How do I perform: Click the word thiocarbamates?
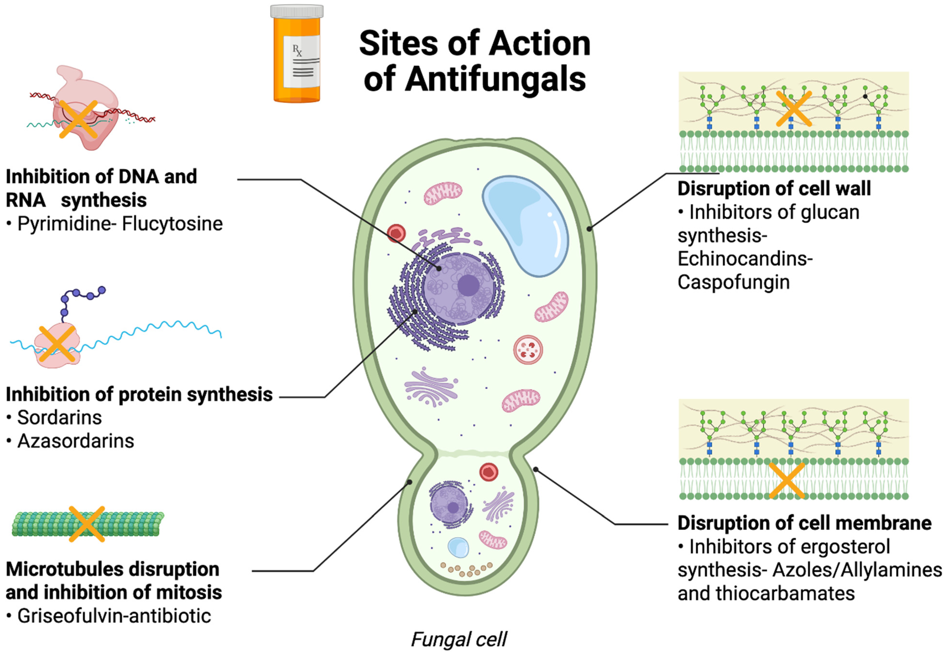[784, 593]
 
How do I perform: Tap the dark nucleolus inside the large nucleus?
[468, 285]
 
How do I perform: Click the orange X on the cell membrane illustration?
[786, 480]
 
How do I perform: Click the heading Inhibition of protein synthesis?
[139, 394]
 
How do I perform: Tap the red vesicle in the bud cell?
[489, 472]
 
